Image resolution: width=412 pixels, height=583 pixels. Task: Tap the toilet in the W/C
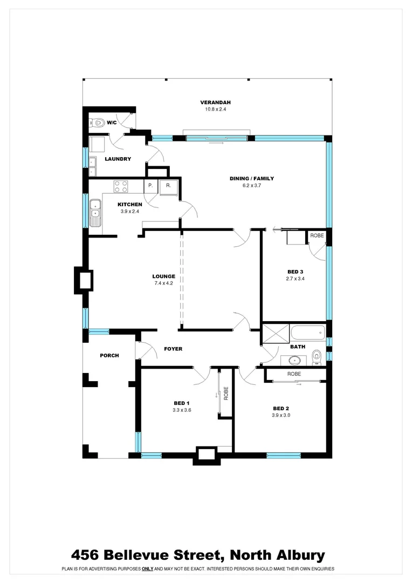click(98, 123)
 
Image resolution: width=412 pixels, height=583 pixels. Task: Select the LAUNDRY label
click(118, 159)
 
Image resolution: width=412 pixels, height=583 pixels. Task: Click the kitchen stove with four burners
click(121, 186)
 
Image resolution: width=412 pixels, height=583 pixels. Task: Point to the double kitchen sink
click(95, 212)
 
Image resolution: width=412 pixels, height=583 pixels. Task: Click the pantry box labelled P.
click(150, 185)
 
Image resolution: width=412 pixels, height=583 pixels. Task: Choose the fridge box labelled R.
click(168, 185)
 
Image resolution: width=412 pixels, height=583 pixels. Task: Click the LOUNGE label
click(163, 276)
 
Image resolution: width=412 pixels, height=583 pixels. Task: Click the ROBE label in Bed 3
click(316, 235)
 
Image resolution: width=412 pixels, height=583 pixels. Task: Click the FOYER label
click(173, 349)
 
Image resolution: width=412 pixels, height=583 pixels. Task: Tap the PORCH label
click(109, 355)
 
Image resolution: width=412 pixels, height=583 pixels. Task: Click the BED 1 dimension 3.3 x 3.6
click(182, 410)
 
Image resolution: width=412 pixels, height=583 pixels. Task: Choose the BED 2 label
click(281, 408)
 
